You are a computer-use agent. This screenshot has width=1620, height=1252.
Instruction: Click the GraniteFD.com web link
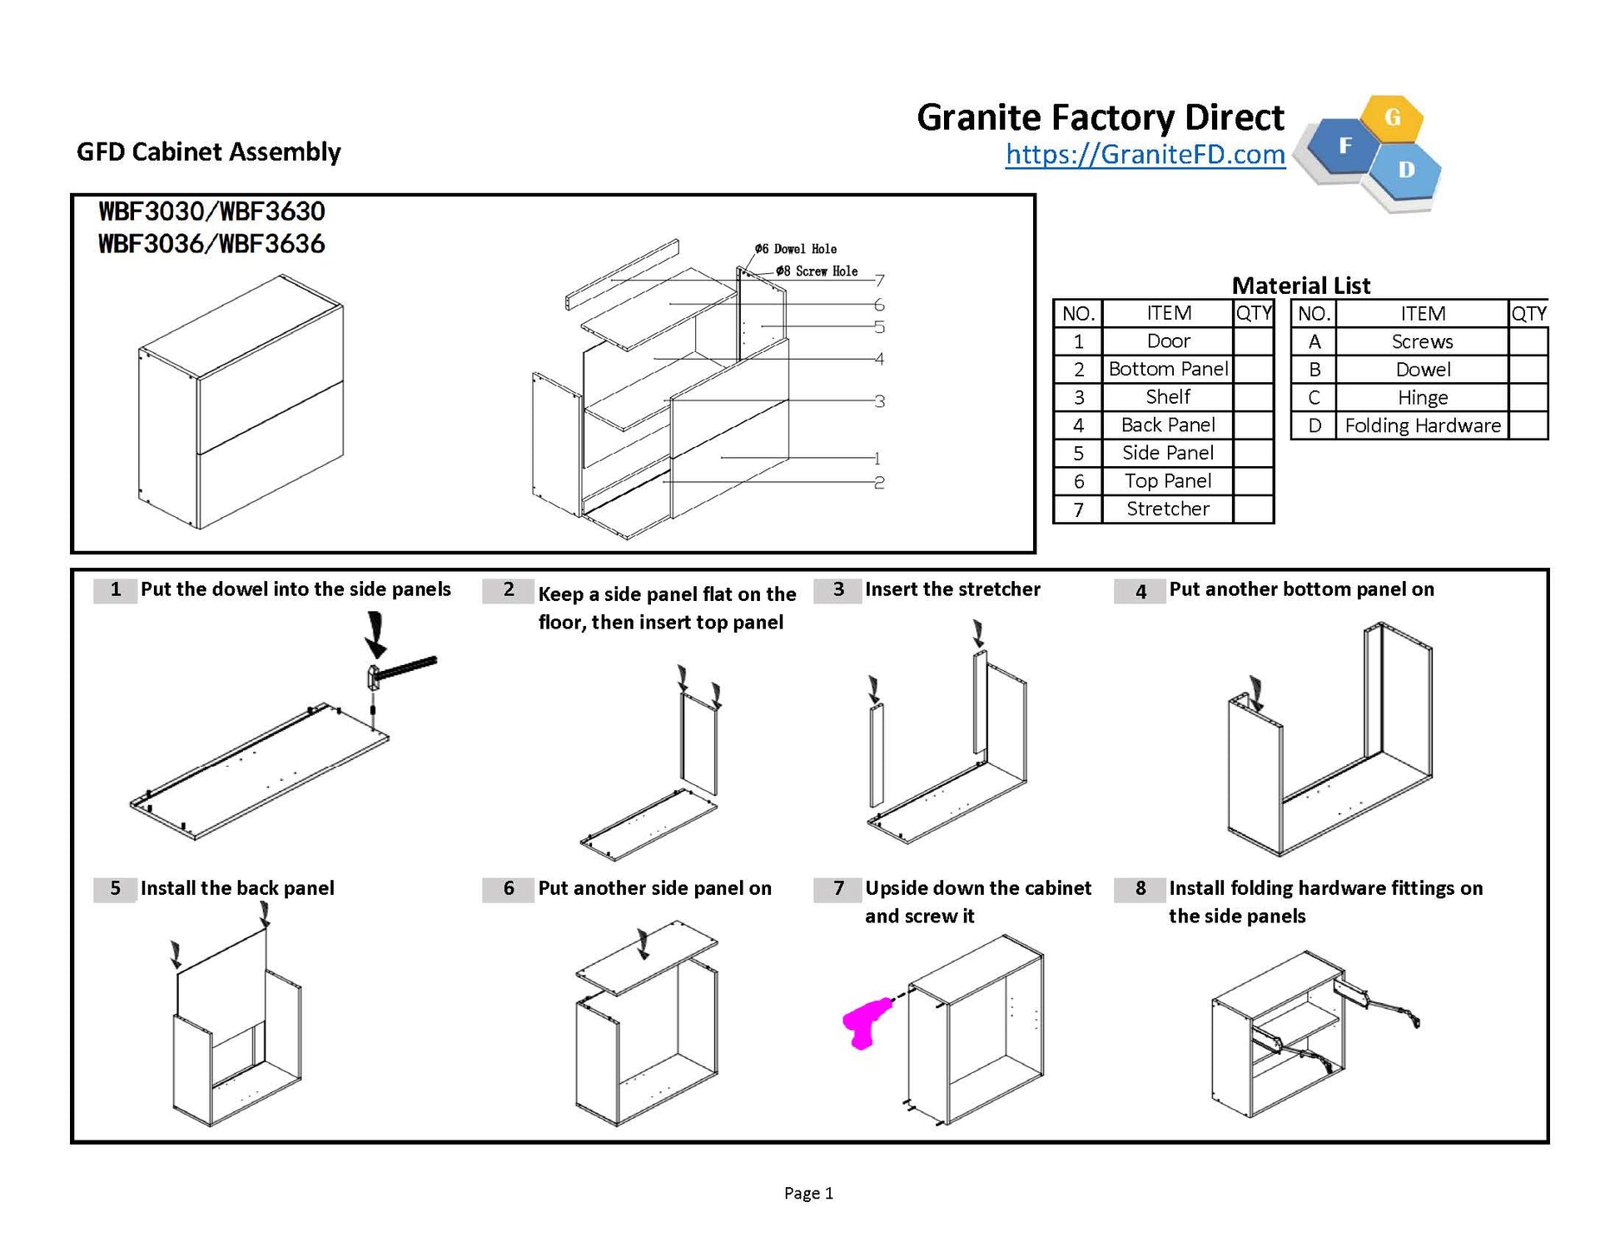click(x=1145, y=155)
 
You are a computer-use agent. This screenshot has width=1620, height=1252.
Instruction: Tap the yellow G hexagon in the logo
click(x=1393, y=118)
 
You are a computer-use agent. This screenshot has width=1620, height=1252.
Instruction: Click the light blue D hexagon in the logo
click(x=1406, y=170)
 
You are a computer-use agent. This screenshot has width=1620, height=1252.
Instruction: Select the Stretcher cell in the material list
click(x=1167, y=509)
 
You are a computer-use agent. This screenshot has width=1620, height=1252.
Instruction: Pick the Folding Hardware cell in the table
click(x=1423, y=425)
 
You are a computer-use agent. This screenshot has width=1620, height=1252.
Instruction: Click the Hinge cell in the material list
click(x=1423, y=397)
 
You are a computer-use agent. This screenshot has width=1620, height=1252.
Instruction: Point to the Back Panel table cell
click(x=1167, y=425)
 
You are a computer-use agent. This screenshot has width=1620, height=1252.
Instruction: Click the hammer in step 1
click(x=400, y=669)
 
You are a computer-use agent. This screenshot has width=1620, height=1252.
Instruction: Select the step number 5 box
click(x=115, y=888)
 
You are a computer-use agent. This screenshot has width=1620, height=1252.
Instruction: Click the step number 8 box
click(x=1140, y=888)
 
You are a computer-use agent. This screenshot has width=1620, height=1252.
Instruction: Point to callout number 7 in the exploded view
click(x=880, y=281)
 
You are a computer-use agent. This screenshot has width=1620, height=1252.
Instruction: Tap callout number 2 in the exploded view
click(x=879, y=482)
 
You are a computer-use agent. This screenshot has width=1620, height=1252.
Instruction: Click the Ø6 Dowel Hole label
click(x=796, y=249)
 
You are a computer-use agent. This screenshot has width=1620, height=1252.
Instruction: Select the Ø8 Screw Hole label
click(x=817, y=271)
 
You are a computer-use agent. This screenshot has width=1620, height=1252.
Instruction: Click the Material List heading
click(x=1300, y=286)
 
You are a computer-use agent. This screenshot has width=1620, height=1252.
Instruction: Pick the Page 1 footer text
click(x=808, y=1193)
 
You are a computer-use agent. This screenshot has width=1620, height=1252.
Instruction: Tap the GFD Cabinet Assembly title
click(x=209, y=152)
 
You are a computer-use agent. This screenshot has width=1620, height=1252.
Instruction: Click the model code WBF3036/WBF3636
click(x=211, y=244)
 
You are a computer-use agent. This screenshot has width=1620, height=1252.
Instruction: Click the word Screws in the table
click(x=1422, y=341)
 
